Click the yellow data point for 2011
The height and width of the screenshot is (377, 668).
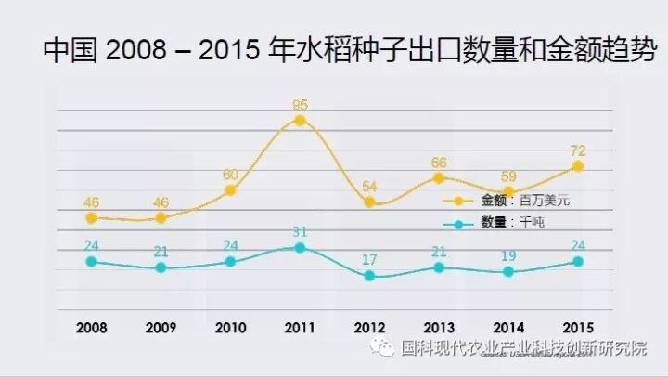[x=300, y=121]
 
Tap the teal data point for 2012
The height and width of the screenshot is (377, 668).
[x=369, y=276]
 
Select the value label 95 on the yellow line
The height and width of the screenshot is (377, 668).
[x=299, y=103]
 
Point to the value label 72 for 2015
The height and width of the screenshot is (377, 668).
[x=577, y=149]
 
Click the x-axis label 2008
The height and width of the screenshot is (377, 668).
[x=91, y=327]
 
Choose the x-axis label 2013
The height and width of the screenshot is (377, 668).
[x=438, y=327]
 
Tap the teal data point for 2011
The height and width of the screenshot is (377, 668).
[x=300, y=248]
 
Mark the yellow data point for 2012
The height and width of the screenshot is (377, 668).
[x=369, y=201]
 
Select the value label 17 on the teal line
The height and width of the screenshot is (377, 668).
[x=368, y=259]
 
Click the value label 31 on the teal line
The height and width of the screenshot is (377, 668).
[x=299, y=231]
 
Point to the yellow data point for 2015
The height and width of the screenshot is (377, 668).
[x=578, y=166]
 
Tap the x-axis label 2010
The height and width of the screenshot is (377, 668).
[x=230, y=327]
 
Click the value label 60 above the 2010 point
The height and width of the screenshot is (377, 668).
[x=229, y=174]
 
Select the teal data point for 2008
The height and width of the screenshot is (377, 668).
[x=91, y=262]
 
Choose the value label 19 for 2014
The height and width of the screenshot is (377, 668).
[x=507, y=255]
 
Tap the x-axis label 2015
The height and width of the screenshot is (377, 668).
[x=577, y=327]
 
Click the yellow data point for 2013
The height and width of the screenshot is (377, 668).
[x=439, y=177]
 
